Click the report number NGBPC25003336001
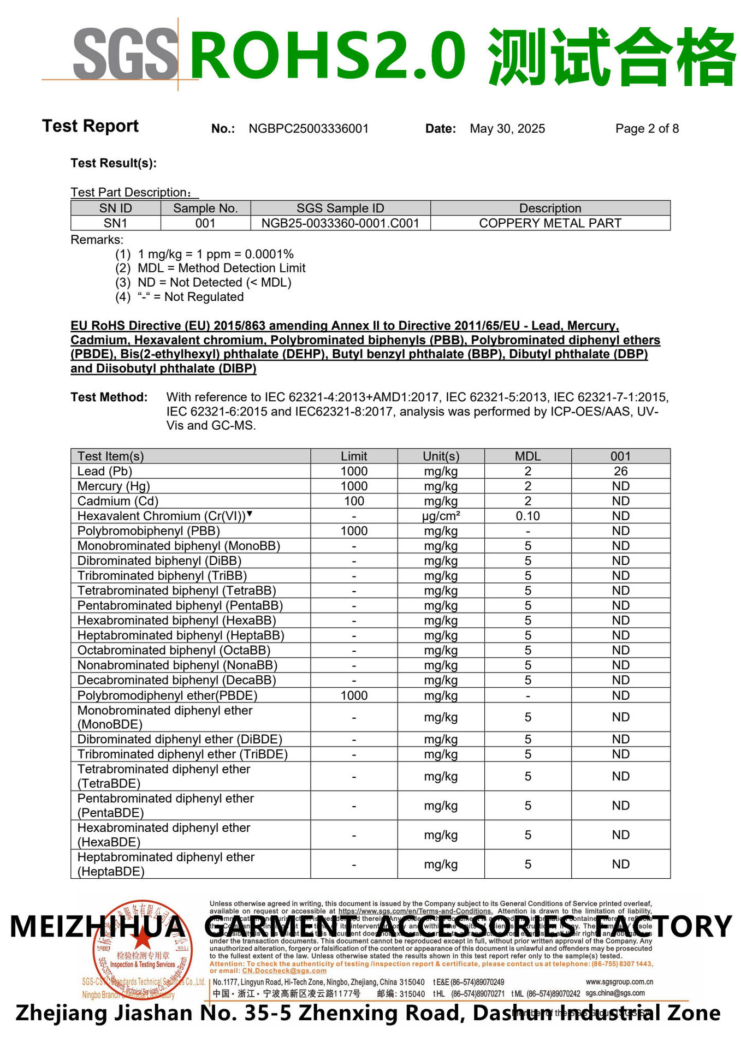pos(309,129)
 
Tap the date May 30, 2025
pos(507,129)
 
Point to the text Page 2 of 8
pos(647,129)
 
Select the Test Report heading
pos(91,126)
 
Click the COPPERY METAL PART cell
pos(550,223)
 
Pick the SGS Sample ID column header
pos(340,209)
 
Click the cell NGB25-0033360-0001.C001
pos(340,223)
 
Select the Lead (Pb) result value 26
pos(620,471)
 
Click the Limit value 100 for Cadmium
pos(354,501)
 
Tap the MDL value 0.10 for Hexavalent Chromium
pos(527,516)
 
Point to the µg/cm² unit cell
pos(441,516)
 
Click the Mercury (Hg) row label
pos(114,486)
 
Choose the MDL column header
pos(527,456)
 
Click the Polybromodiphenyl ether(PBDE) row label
pos(167,695)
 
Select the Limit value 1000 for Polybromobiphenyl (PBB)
pos(354,531)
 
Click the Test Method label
pos(109,397)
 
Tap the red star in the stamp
pos(143,939)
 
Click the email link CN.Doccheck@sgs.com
pos(284,971)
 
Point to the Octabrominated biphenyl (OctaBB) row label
pos(174,651)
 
